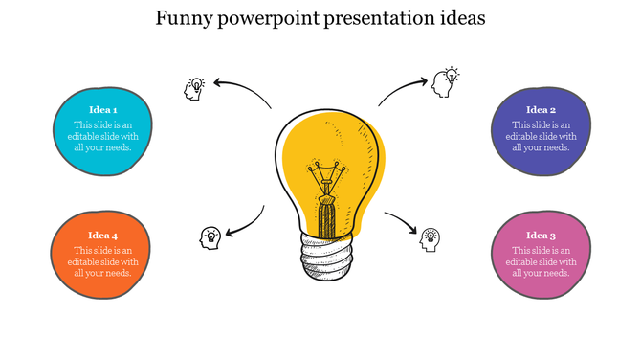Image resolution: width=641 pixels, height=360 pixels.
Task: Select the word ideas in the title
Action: point(458,18)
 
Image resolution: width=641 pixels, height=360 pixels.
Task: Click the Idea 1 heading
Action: point(102,109)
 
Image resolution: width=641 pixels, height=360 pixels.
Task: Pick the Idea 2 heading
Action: point(541,110)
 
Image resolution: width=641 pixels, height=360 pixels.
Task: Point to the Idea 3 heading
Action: point(541,236)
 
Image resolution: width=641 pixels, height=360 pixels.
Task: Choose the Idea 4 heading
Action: point(102,236)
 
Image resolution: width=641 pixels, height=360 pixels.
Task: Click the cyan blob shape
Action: point(102,153)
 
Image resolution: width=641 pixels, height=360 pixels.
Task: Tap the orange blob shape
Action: point(102,278)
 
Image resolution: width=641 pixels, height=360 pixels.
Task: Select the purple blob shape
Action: point(541,158)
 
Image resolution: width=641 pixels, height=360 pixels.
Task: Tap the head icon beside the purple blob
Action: point(445,81)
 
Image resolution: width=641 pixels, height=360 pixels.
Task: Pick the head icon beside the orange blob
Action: point(210,236)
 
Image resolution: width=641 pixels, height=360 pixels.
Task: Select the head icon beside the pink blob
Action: point(431,238)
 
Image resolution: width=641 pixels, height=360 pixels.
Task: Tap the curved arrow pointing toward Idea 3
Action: point(403,221)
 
